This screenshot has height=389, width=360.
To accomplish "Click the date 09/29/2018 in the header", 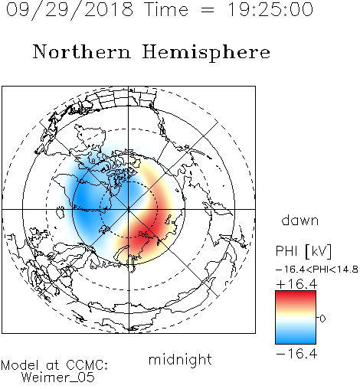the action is [x=70, y=10].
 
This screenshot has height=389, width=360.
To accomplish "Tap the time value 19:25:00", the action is [x=270, y=9].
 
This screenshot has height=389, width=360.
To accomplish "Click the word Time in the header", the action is [x=166, y=9].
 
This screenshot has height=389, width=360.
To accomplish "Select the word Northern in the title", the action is [x=82, y=51].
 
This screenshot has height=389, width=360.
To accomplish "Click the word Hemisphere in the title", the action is [x=206, y=53].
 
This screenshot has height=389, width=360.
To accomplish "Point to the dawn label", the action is [x=300, y=220].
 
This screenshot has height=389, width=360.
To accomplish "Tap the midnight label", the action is [x=180, y=360].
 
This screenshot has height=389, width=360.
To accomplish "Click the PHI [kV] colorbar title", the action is [x=303, y=251].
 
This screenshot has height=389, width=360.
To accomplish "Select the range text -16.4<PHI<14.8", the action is [x=316, y=270].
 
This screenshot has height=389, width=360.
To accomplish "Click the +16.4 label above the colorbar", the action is [x=296, y=284].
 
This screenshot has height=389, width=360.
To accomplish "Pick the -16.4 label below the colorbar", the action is [x=296, y=354].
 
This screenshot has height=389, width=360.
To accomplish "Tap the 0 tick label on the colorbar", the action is [x=322, y=319].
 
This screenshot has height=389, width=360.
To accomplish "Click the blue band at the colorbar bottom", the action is [x=296, y=338].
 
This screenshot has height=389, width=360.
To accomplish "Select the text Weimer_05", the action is [x=58, y=378].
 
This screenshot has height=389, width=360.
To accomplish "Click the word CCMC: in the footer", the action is [x=87, y=365].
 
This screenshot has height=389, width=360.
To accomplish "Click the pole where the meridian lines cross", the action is [x=129, y=209].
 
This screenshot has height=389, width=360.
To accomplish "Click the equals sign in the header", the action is [x=208, y=10].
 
